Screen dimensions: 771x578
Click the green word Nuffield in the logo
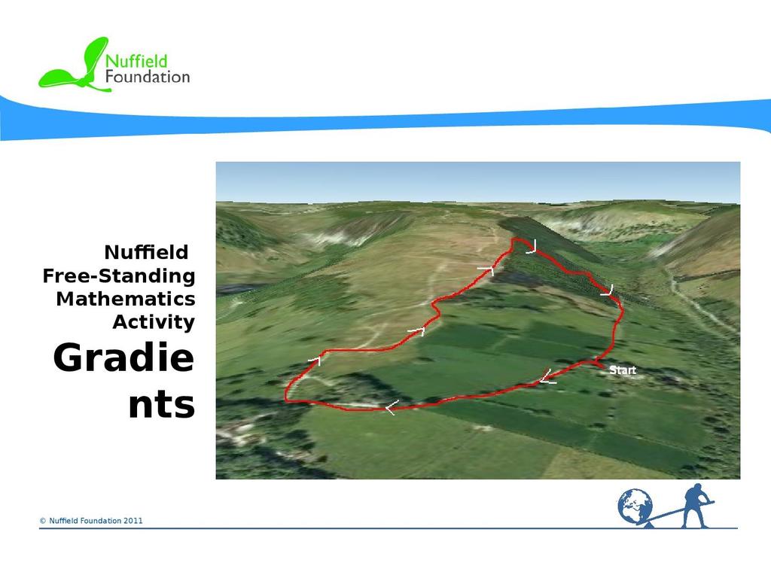136,62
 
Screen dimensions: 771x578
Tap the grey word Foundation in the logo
148,77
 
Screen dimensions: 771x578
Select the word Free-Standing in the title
119,275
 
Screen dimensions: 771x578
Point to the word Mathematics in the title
126,299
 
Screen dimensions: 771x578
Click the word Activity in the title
154,322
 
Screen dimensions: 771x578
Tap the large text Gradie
123,357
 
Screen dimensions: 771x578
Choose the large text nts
162,405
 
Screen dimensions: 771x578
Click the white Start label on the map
623,370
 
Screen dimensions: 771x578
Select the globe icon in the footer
635,506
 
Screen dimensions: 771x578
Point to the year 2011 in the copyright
133,521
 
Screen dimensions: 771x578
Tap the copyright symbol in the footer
43,521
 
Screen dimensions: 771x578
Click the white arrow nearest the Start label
547,377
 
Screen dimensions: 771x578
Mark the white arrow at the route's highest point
532,247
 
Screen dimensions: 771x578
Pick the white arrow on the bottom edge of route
392,407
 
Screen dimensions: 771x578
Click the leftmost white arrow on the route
315,361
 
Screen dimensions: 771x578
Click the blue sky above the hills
478,181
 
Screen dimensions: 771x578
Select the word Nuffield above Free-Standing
146,253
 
